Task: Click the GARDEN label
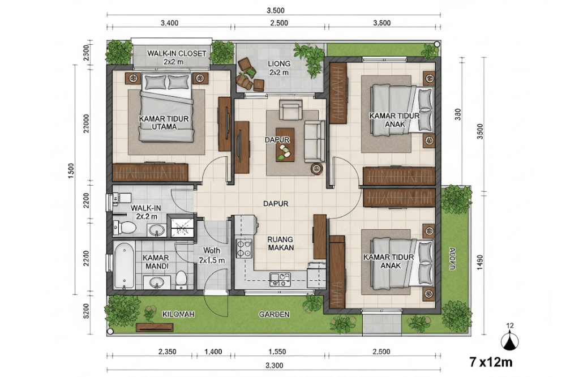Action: [275, 314]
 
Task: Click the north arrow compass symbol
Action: [511, 341]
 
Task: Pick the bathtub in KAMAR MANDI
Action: [122, 264]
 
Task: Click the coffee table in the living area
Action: [285, 152]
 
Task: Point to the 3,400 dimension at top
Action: [170, 23]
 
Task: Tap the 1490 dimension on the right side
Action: [481, 262]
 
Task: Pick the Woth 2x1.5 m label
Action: [212, 255]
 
